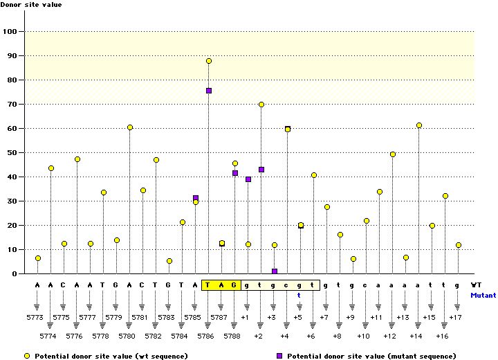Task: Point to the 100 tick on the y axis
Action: coord(12,31)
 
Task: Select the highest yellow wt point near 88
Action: coord(209,61)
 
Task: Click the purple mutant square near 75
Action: coord(209,91)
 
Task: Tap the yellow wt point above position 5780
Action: coord(130,127)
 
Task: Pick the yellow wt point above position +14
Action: coord(419,125)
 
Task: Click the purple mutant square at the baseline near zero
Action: coord(275,271)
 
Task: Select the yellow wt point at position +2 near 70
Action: coord(261,105)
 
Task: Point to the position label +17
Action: coord(456,317)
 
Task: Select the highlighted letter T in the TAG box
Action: coord(209,285)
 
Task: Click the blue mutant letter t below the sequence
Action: coord(299,294)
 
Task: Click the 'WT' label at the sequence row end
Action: coord(476,285)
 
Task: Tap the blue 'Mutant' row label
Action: coord(483,294)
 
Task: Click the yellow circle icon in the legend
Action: coord(26,356)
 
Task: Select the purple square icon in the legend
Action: coord(280,356)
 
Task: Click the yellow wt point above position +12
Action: coord(393,154)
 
